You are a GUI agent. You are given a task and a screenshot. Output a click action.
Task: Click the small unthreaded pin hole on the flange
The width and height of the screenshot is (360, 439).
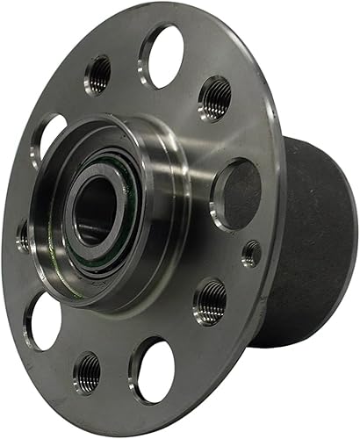(x=250, y=253)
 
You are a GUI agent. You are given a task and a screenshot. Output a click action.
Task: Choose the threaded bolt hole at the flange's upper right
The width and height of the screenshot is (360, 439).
(x=214, y=97)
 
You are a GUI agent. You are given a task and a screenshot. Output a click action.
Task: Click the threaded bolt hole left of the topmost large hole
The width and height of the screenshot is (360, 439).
(x=99, y=75)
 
